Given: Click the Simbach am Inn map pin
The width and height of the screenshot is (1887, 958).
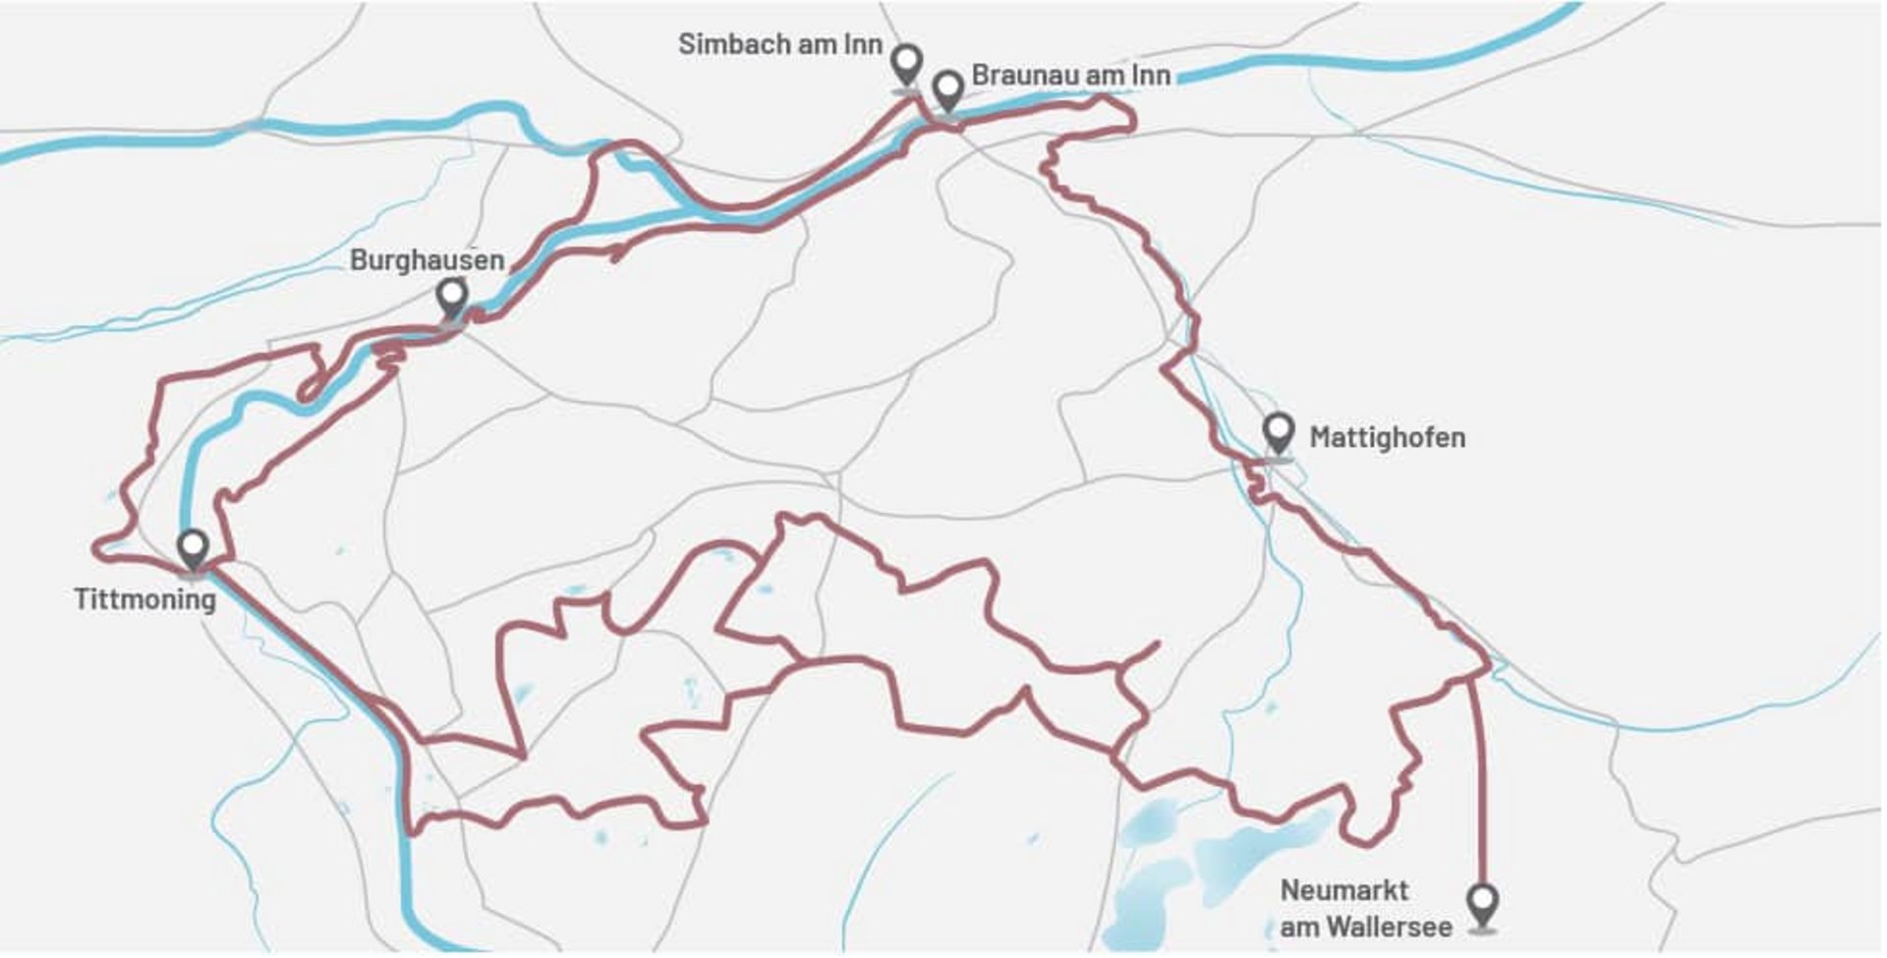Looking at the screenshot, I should (x=906, y=64).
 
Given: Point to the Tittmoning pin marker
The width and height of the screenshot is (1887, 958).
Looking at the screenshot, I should (x=194, y=547).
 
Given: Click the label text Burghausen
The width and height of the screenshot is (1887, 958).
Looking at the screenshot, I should (x=427, y=260).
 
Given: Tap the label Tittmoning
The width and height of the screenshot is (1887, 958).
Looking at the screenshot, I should (x=144, y=599).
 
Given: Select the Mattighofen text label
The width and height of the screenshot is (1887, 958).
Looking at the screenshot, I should (x=1387, y=437).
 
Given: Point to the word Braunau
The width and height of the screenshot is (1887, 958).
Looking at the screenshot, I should (x=1018, y=76).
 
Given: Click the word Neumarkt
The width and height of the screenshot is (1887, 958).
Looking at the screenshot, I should (x=1344, y=891).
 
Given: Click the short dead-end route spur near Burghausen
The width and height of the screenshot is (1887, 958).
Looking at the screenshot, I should (x=617, y=253).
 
